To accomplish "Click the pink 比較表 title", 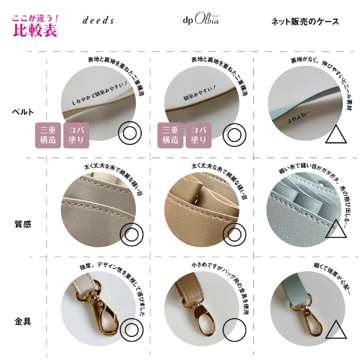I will (34, 30).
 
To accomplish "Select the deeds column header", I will (98, 21).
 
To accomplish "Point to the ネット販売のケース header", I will (306, 21).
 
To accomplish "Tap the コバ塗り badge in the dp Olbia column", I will (197, 134).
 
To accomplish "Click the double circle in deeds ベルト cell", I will (130, 134).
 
